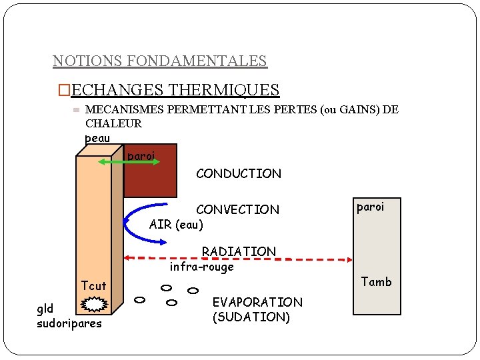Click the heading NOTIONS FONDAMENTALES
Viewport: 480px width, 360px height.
pos(159,61)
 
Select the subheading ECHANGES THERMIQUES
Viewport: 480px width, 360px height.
pos(175,89)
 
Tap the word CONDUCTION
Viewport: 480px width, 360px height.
pos(239,173)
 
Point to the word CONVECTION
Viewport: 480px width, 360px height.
pos(237,209)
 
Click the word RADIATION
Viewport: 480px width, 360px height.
pos(239,251)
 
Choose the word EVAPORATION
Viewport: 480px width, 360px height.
pos(257,302)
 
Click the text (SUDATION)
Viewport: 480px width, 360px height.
pos(251,317)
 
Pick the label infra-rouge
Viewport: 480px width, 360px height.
pos(201,267)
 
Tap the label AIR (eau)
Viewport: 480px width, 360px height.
pos(176,225)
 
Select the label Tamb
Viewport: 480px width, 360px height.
pos(377,281)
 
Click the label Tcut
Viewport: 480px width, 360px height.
pos(93,286)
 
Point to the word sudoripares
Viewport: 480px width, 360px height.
pos(69,323)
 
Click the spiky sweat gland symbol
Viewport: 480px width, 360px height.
pos(95,305)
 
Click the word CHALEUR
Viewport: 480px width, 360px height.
pos(114,123)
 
